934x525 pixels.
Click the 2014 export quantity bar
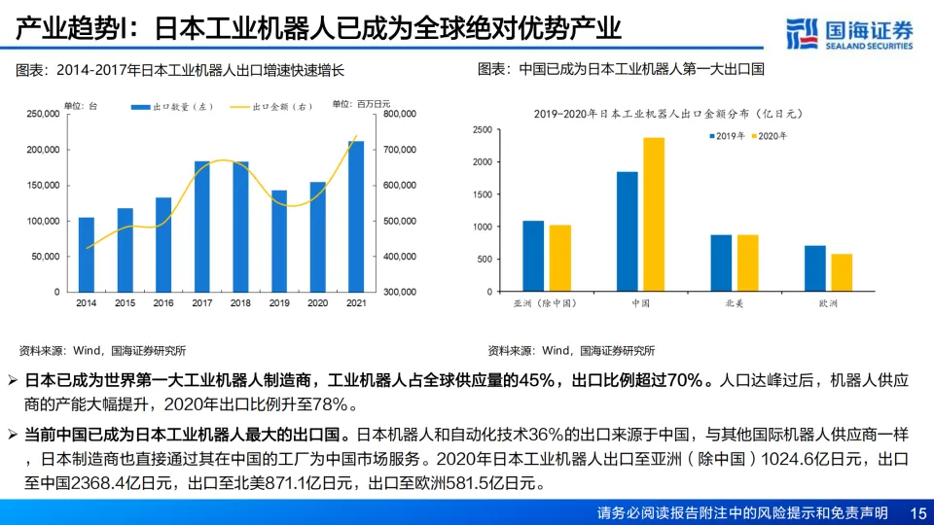coord(86,254)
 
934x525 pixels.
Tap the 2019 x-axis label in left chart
coord(279,303)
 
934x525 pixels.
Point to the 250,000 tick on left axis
coord(43,114)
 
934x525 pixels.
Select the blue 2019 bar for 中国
coord(628,231)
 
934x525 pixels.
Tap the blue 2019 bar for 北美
coord(721,262)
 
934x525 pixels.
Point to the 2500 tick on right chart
coord(482,129)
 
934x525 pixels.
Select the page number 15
coord(916,512)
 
